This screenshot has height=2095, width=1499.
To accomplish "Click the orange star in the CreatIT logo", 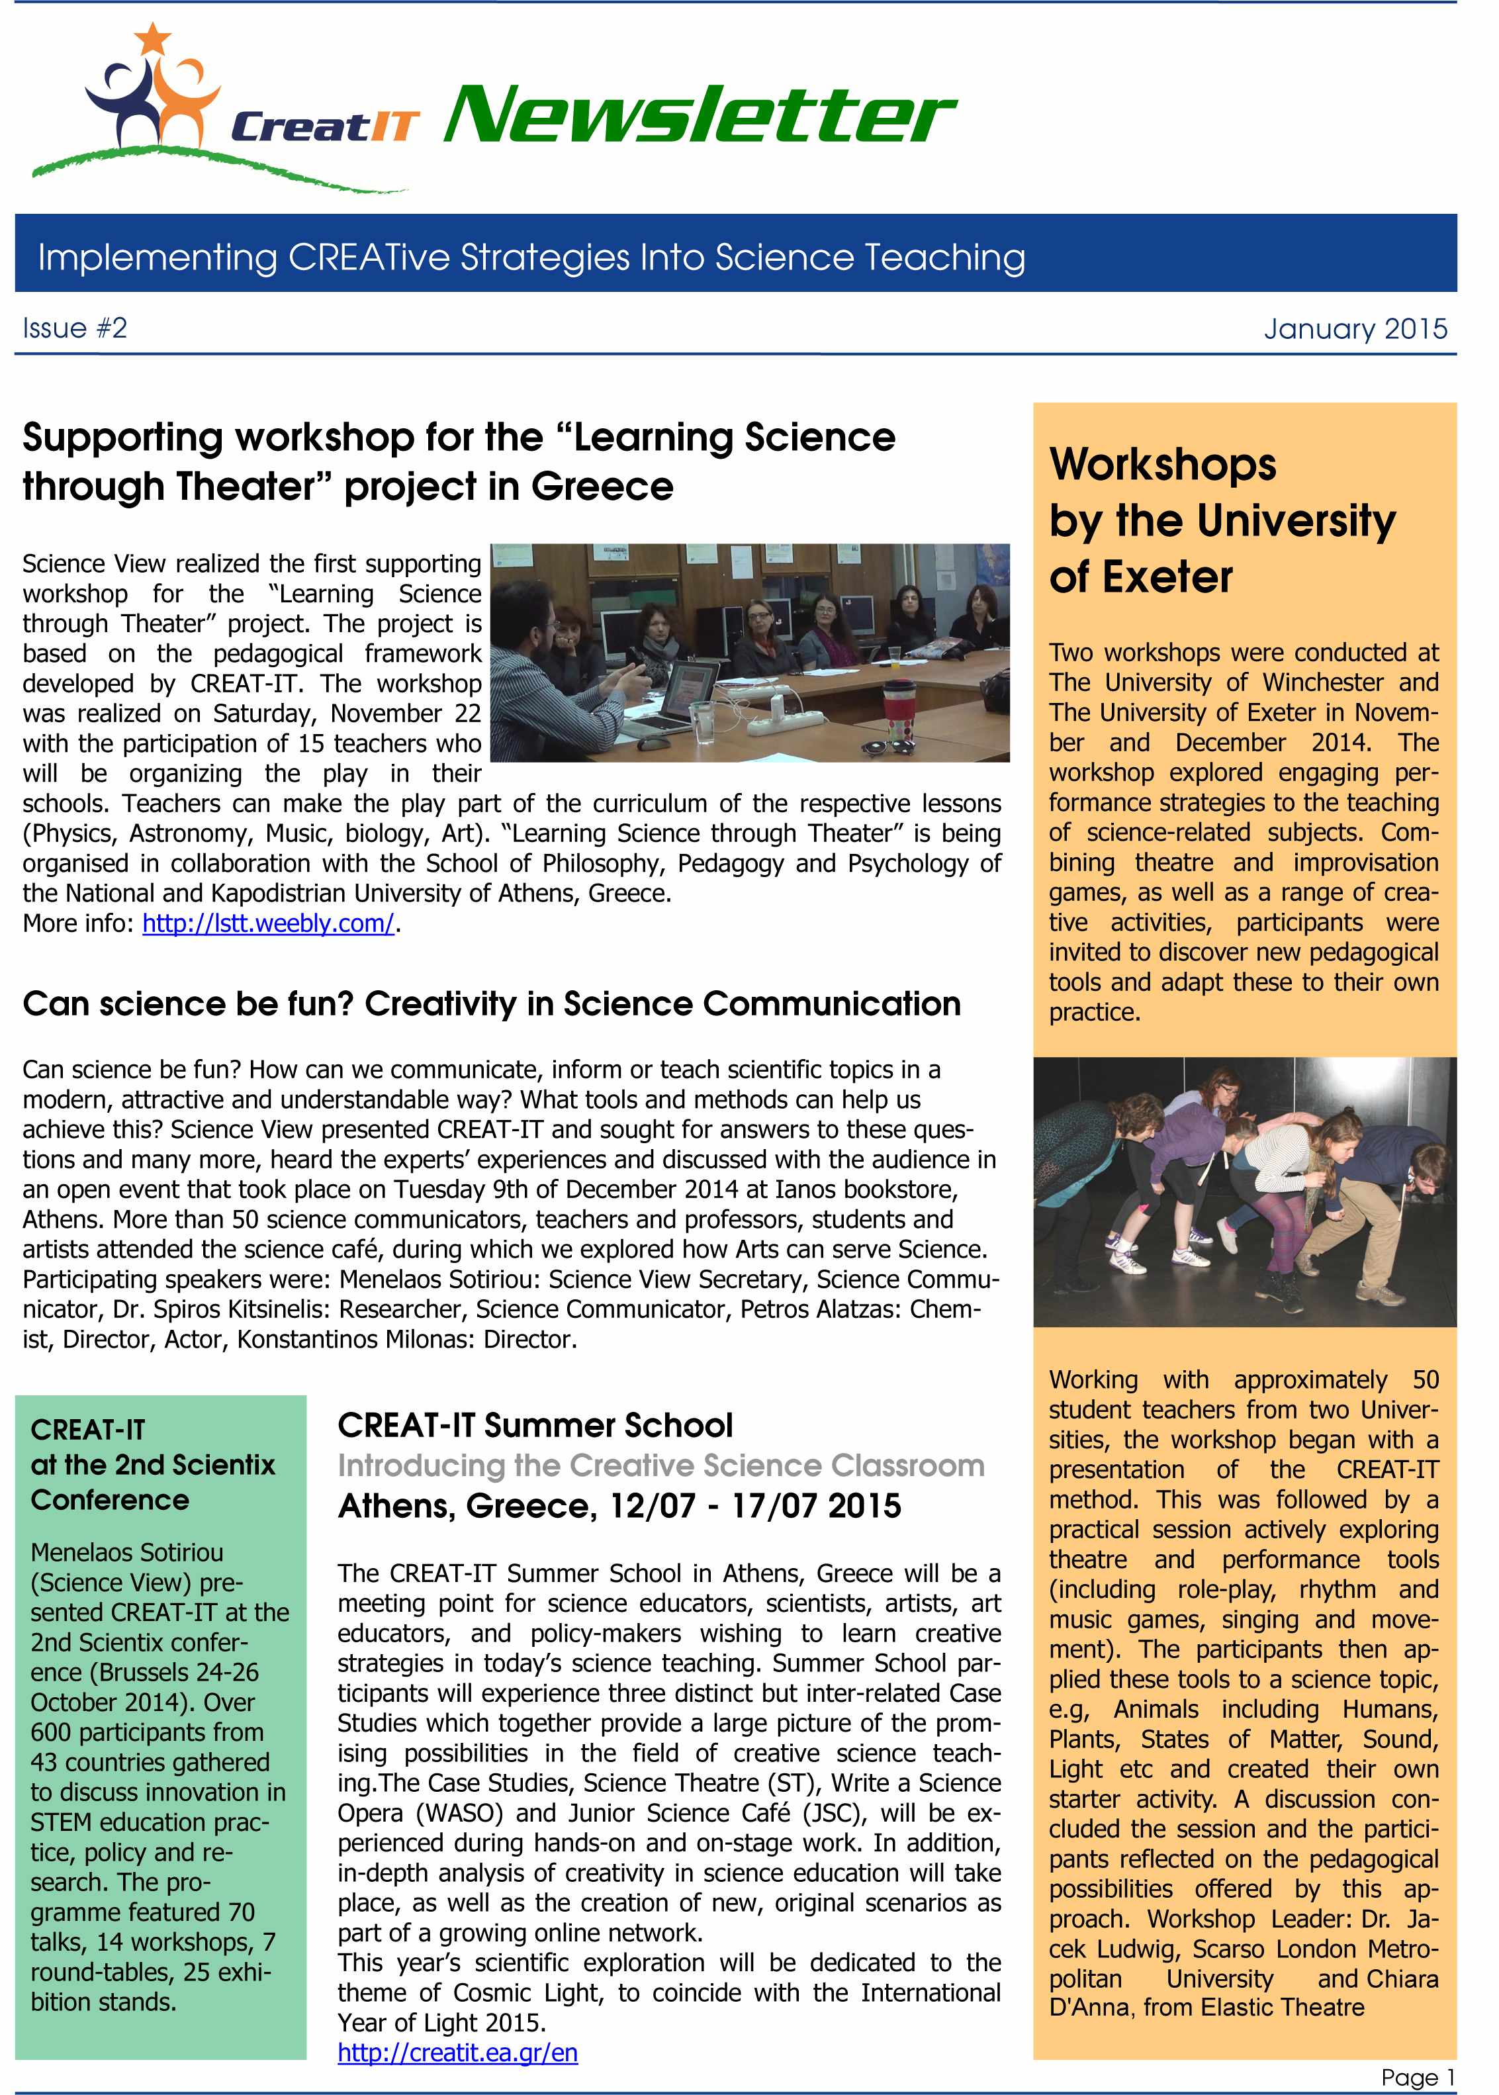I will click(152, 38).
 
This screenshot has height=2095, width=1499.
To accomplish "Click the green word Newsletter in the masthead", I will click(699, 117).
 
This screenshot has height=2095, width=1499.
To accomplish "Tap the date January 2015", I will click(1354, 329).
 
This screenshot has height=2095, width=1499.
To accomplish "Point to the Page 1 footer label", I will click(1417, 2076).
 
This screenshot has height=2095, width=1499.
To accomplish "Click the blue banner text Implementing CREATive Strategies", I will click(531, 257).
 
